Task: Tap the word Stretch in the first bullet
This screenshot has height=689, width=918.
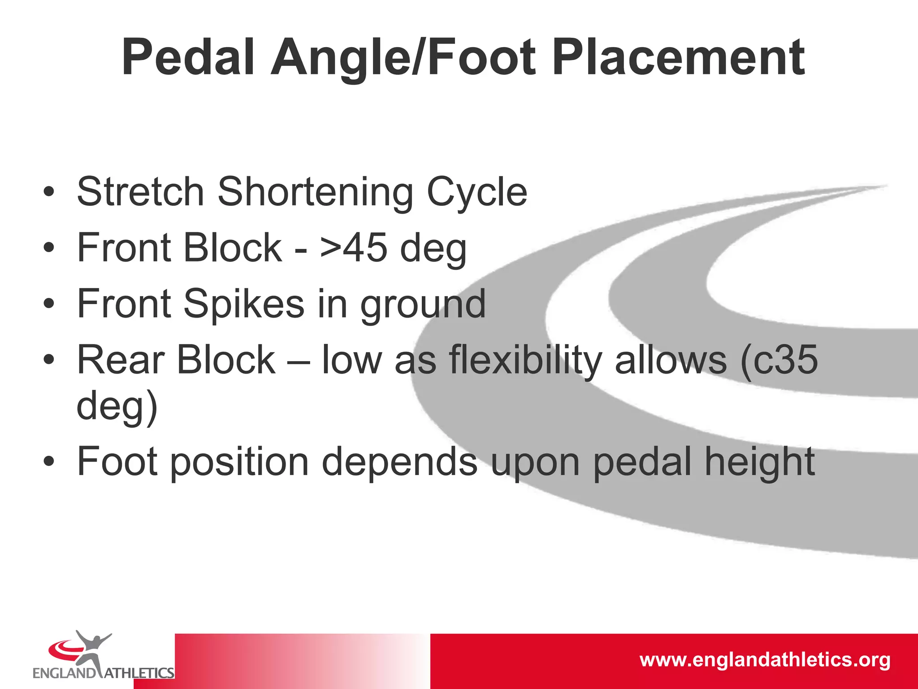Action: [141, 192]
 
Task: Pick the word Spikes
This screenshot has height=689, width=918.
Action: [245, 304]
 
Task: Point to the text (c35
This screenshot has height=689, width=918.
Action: [779, 360]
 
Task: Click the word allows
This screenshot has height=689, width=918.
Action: [671, 360]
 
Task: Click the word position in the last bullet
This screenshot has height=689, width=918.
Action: [239, 462]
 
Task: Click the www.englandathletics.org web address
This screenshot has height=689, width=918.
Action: [765, 660]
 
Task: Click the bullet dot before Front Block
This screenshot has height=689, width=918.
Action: [49, 248]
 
